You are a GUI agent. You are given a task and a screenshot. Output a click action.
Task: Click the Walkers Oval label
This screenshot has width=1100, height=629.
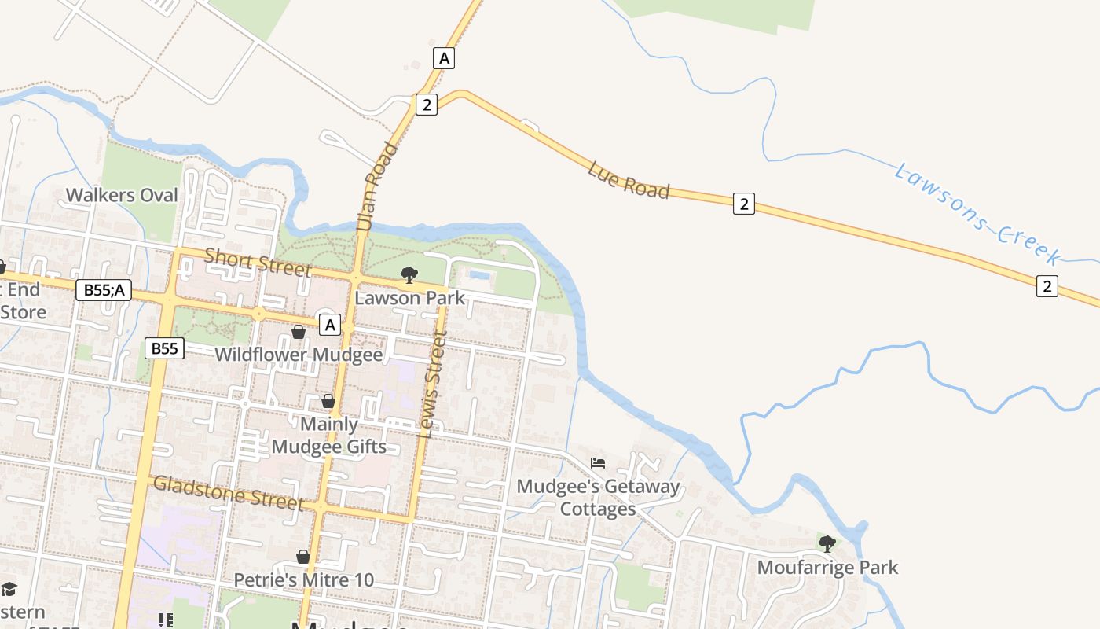pyautogui.click(x=122, y=195)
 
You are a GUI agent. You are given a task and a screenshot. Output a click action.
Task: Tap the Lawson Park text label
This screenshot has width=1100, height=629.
pyautogui.click(x=409, y=298)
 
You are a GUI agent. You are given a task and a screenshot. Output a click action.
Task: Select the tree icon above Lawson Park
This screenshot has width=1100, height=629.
pyautogui.click(x=409, y=274)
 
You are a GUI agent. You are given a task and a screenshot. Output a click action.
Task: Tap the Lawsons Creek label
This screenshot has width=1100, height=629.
pyautogui.click(x=977, y=212)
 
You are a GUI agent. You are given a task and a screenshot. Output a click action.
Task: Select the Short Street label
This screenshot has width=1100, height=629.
pyautogui.click(x=258, y=262)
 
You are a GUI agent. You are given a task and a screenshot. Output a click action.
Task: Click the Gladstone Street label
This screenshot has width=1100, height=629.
pyautogui.click(x=228, y=492)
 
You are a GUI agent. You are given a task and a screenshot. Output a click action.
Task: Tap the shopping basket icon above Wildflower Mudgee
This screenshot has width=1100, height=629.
pyautogui.click(x=299, y=332)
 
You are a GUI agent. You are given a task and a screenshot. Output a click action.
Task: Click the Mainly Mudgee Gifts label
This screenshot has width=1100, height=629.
pyautogui.click(x=329, y=436)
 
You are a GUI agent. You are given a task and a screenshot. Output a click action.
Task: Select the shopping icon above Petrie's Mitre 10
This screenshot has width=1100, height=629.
pyautogui.click(x=303, y=557)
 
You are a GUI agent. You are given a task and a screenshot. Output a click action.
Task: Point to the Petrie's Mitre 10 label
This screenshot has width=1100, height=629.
pyautogui.click(x=303, y=580)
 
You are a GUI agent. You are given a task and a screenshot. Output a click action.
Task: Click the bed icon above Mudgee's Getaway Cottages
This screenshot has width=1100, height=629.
pyautogui.click(x=598, y=462)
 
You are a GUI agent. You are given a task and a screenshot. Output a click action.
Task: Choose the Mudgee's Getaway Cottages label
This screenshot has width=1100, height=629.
pyautogui.click(x=598, y=498)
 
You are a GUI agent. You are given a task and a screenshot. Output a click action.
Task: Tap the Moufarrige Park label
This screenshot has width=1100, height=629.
pyautogui.click(x=827, y=567)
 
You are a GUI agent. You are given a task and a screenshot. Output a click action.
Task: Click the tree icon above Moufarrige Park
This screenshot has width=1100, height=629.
pyautogui.click(x=827, y=543)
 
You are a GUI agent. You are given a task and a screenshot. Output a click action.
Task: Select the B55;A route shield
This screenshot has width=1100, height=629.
pyautogui.click(x=104, y=290)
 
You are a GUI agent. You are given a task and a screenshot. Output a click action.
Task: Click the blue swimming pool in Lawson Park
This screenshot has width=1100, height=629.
pyautogui.click(x=480, y=275)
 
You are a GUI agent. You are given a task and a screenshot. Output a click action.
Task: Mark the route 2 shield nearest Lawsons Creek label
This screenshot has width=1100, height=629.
pyautogui.click(x=1047, y=286)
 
